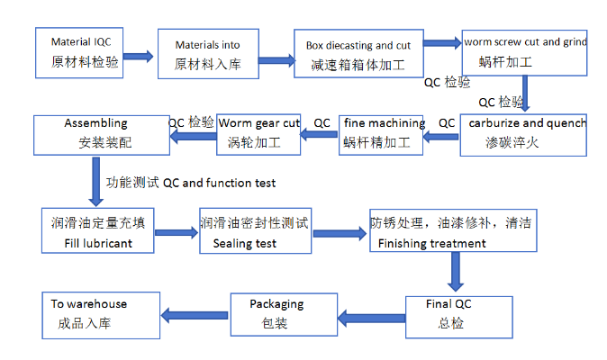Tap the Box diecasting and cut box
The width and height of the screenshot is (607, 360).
pos(358,55)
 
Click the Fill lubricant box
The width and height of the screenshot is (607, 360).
pos(97,231)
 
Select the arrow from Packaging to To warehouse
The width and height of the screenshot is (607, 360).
pos(193,314)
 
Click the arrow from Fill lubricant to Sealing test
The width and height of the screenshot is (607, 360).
pos(176,232)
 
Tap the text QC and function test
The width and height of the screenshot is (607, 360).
pos(219,183)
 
